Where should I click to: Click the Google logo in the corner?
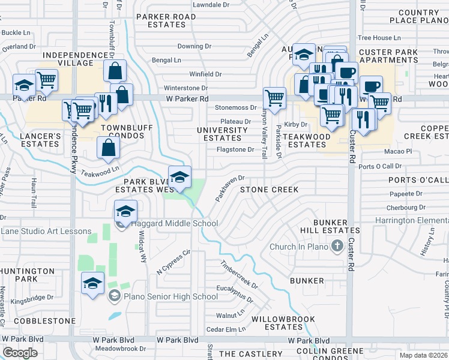pos(20,353)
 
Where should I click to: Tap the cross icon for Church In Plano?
pos(337,246)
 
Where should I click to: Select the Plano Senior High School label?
pos(170,296)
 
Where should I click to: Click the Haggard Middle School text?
pos(174,224)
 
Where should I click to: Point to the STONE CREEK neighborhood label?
pos(269,190)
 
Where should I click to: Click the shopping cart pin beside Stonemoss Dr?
pos(274,97)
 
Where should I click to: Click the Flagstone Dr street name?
pos(235,149)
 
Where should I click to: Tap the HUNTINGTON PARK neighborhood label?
pos(26,275)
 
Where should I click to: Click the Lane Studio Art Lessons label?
pos(46,232)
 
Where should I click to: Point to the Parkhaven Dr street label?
pos(231,188)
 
